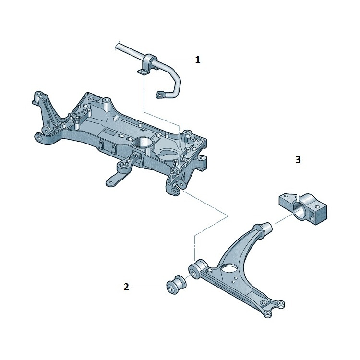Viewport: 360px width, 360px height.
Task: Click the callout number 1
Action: pyautogui.click(x=197, y=60)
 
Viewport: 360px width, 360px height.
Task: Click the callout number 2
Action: pyautogui.click(x=126, y=287)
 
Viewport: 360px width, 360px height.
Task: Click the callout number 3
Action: pyautogui.click(x=298, y=160)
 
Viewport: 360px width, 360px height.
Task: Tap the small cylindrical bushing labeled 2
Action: pyautogui.click(x=177, y=285)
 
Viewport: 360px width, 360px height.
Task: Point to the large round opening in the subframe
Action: pyautogui.click(x=143, y=143)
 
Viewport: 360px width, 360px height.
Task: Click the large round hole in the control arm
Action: pyautogui.click(x=229, y=268)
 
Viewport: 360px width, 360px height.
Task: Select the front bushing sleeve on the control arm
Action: pyautogui.click(x=197, y=269)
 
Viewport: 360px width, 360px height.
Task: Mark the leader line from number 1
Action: pyautogui.click(x=175, y=60)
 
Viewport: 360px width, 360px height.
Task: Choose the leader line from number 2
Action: pyautogui.click(x=149, y=287)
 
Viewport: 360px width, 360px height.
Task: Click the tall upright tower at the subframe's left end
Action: pyautogui.click(x=42, y=108)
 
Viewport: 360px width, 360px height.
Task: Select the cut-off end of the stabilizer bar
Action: pyautogui.click(x=117, y=46)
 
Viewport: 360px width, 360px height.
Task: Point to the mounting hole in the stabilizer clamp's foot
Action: pyautogui.click(x=142, y=72)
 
